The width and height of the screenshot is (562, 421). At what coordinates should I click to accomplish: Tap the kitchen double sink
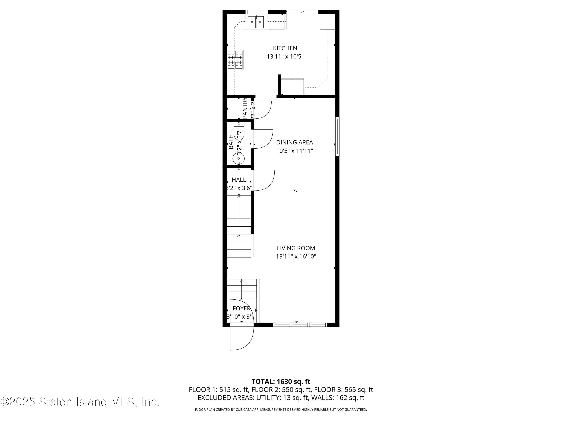256,22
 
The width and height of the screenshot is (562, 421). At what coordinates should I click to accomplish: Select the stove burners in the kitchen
235,60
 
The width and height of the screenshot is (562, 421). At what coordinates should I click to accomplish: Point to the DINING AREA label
294,142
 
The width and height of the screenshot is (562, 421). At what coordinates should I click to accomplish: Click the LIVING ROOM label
296,248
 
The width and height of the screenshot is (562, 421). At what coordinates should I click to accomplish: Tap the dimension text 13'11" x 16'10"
296,257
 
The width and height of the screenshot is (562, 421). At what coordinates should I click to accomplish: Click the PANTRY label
245,108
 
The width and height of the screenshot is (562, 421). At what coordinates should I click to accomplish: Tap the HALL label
239,180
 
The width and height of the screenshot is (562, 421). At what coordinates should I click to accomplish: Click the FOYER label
242,308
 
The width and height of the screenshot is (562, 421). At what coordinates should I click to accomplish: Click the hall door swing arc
264,180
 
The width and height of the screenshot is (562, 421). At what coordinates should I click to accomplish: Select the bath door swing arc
263,139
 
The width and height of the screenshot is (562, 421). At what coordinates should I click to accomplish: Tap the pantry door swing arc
263,110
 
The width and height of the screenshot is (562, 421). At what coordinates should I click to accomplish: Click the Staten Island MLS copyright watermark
80,402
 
